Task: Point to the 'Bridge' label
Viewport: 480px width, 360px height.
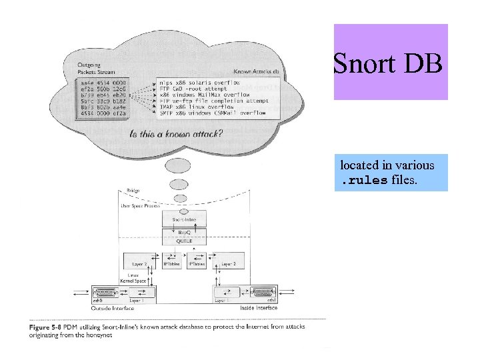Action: (133, 191)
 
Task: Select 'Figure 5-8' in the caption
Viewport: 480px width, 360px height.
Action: (45, 327)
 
